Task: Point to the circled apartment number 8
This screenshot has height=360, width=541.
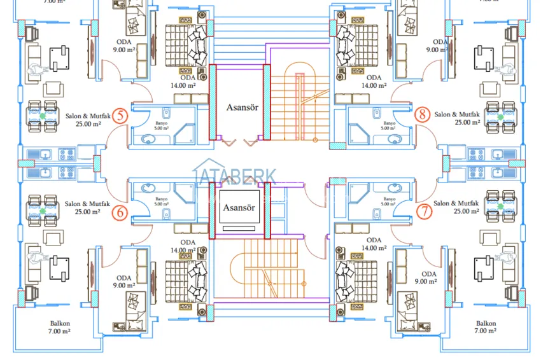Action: [x=422, y=114]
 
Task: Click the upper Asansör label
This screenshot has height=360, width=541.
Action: [x=241, y=107]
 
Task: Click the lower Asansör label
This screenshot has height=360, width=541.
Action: [x=239, y=208]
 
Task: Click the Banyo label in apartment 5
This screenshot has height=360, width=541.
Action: [x=161, y=125]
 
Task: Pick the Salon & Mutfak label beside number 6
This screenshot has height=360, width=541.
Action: [x=83, y=208]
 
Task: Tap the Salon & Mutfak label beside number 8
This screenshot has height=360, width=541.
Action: [x=458, y=118]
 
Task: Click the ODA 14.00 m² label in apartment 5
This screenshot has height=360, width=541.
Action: [x=188, y=81]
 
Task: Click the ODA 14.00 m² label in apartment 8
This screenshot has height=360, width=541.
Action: [x=374, y=81]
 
